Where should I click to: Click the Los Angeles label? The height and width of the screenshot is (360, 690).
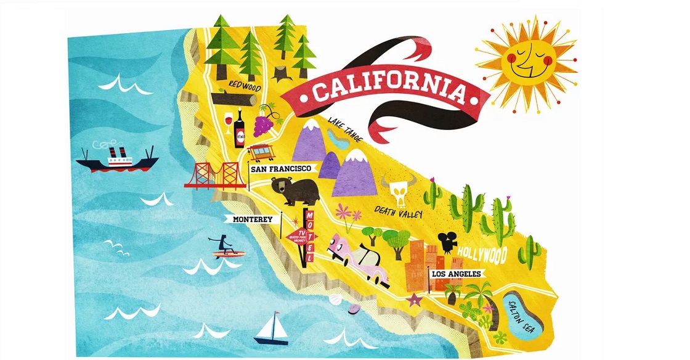click(457, 273)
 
